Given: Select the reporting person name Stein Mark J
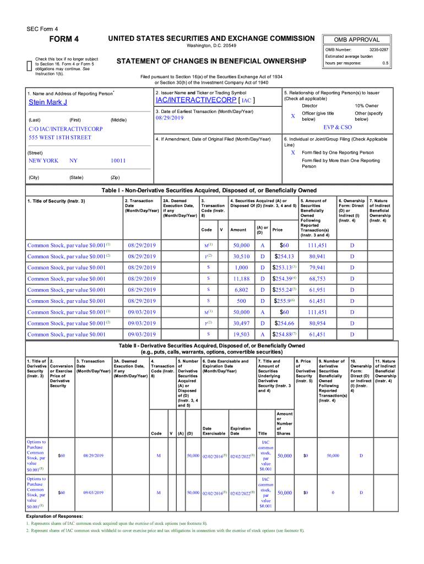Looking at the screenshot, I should point(48,102).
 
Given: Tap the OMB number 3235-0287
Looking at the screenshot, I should point(379,50).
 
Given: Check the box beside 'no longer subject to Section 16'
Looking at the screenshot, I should point(29,66).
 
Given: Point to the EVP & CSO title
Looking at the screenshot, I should point(338,127).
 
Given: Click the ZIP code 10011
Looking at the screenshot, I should point(118,160).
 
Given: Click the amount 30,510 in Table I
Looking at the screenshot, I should point(241,256).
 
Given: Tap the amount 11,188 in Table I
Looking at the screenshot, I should point(241,279).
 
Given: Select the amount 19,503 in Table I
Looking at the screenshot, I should point(241,334).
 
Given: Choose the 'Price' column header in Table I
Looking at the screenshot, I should point(277,230).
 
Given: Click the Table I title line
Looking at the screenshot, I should point(209,191).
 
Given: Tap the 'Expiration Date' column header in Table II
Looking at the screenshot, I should point(240,430).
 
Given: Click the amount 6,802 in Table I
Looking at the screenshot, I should point(241,290).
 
